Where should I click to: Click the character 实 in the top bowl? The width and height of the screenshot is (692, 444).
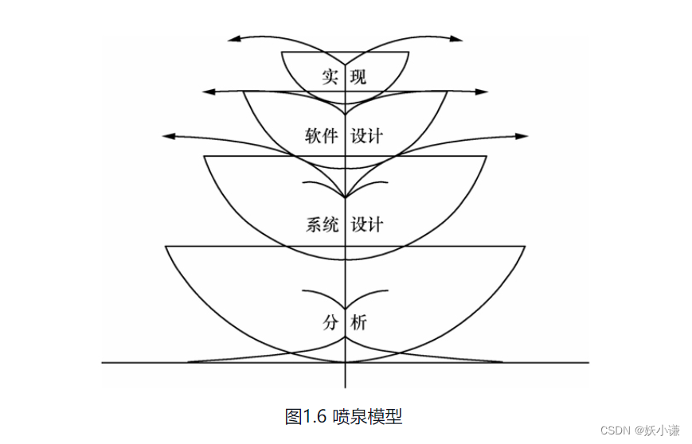click(x=330, y=77)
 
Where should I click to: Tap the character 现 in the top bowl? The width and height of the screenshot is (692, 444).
click(x=358, y=77)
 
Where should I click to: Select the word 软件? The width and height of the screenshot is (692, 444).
click(x=322, y=135)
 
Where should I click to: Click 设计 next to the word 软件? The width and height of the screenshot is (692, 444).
click(x=366, y=135)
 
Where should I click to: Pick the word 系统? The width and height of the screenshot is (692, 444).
click(x=322, y=224)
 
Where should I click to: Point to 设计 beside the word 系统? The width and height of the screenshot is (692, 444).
click(x=366, y=224)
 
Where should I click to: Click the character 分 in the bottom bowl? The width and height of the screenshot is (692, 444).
click(x=330, y=322)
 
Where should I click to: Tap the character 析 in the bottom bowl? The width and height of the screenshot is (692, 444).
click(x=359, y=322)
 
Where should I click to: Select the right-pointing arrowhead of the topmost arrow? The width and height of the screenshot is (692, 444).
click(x=457, y=37)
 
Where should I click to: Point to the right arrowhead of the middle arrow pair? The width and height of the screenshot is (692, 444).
click(x=483, y=92)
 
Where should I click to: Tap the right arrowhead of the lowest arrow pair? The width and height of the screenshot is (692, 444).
click(x=522, y=136)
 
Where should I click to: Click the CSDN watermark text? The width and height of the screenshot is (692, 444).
click(x=615, y=430)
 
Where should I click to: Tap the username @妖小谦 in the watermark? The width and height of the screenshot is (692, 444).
click(x=657, y=430)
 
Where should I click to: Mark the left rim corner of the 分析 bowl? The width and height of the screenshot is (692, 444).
click(x=166, y=247)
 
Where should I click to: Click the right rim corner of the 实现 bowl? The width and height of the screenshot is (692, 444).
click(x=409, y=53)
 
